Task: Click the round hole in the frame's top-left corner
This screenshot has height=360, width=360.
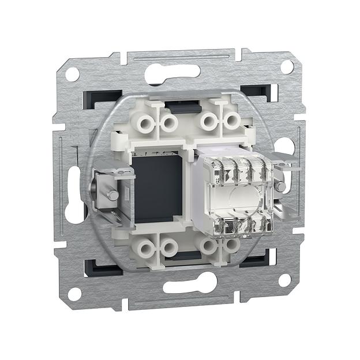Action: pyautogui.click(x=72, y=74)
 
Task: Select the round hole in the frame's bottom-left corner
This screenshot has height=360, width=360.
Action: pyautogui.click(x=74, y=294)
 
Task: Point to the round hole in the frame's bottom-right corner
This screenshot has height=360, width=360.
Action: pyautogui.click(x=284, y=280)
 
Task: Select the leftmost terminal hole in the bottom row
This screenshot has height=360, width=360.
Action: pyautogui.click(x=144, y=249)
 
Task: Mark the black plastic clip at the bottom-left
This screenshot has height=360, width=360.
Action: pyautogui.click(x=98, y=267)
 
